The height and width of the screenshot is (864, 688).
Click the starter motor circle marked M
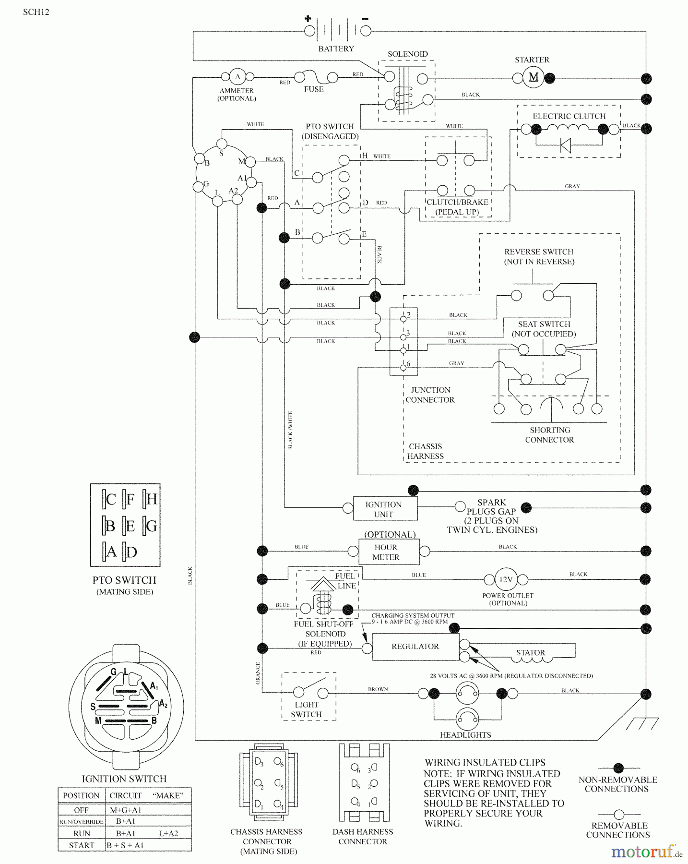click(x=533, y=78)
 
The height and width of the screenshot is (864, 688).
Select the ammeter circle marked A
click(x=237, y=77)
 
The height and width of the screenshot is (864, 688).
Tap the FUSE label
click(x=314, y=89)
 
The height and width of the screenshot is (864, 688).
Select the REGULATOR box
click(x=415, y=647)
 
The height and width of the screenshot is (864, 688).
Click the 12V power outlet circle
click(x=506, y=579)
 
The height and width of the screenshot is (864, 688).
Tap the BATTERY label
click(x=336, y=49)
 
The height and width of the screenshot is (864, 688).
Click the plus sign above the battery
click(x=308, y=19)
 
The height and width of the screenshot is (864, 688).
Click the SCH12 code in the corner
click(x=36, y=12)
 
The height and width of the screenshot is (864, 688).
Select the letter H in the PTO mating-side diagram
click(x=151, y=499)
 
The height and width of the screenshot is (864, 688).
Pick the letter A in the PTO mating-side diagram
click(x=111, y=552)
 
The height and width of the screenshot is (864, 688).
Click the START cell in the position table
click(x=82, y=845)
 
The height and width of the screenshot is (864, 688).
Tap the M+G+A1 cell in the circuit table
click(x=126, y=810)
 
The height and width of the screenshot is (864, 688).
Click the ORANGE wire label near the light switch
click(x=258, y=673)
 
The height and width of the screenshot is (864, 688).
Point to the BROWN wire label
click(x=378, y=689)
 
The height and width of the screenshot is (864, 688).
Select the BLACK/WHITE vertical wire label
click(x=290, y=430)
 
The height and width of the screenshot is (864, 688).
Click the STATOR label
click(x=531, y=653)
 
